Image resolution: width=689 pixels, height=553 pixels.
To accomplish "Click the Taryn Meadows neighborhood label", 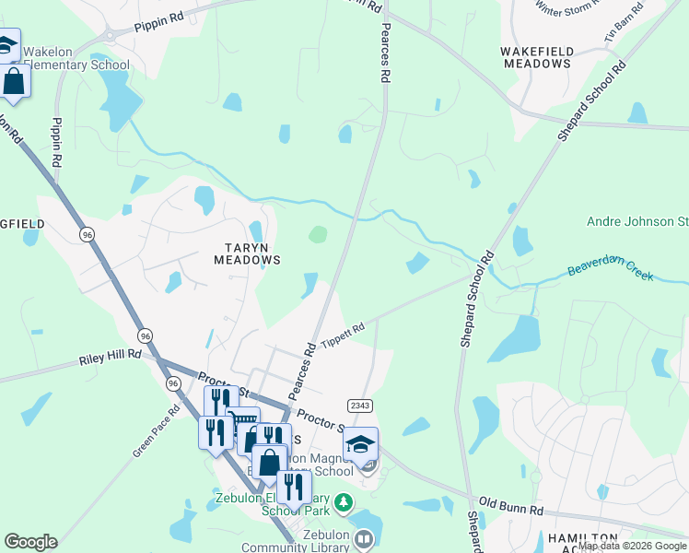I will click(x=247, y=253).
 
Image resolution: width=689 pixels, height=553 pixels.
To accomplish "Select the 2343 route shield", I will click(x=360, y=406).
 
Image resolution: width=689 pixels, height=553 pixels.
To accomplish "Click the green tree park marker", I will click(x=343, y=502).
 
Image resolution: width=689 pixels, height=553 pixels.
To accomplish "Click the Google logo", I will click(x=30, y=542).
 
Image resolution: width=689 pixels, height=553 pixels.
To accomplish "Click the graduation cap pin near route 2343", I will click(x=361, y=443).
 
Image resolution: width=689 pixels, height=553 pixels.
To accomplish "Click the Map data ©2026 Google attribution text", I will click(x=633, y=546).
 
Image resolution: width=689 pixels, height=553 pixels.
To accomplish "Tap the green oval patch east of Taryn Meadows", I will click(x=317, y=234).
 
